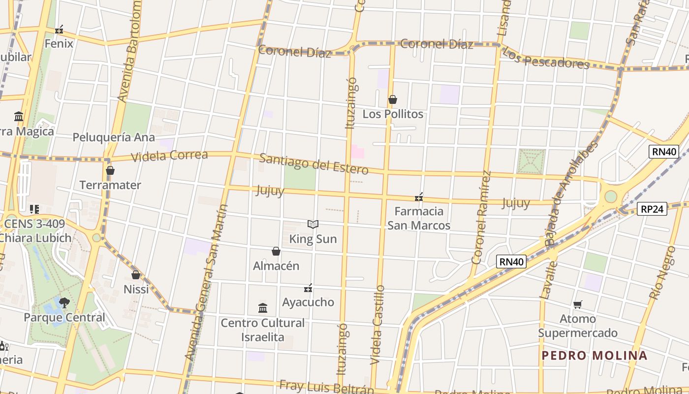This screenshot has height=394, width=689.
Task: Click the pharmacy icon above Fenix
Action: coord(59,30)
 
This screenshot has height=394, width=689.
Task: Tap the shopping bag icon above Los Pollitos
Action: coord(392,100)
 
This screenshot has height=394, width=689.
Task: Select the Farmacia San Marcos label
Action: coord(418,218)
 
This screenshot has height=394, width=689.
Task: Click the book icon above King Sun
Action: coord(313,225)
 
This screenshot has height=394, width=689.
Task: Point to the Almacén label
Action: coord(276,266)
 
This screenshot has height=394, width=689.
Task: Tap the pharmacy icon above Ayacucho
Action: coord(308,288)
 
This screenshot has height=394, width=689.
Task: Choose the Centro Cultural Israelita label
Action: coord(262,330)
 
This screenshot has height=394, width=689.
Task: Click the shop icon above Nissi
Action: coord(136,275)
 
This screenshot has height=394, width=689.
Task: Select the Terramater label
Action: coord(110,185)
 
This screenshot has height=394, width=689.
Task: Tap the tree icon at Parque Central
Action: coord(64,302)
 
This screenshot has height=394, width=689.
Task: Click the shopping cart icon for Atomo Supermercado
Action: coord(577,305)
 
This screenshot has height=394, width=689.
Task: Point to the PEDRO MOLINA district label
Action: coord(595,356)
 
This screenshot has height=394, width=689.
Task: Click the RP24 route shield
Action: coord(652,209)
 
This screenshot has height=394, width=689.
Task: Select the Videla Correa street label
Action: coord(169,156)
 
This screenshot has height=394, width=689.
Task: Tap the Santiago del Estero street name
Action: coord(313,164)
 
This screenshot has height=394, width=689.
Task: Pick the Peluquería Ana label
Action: coord(114,137)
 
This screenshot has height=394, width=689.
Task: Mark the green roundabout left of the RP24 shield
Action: coord(610,197)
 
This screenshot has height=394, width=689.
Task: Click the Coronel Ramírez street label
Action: coord(481,217)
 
